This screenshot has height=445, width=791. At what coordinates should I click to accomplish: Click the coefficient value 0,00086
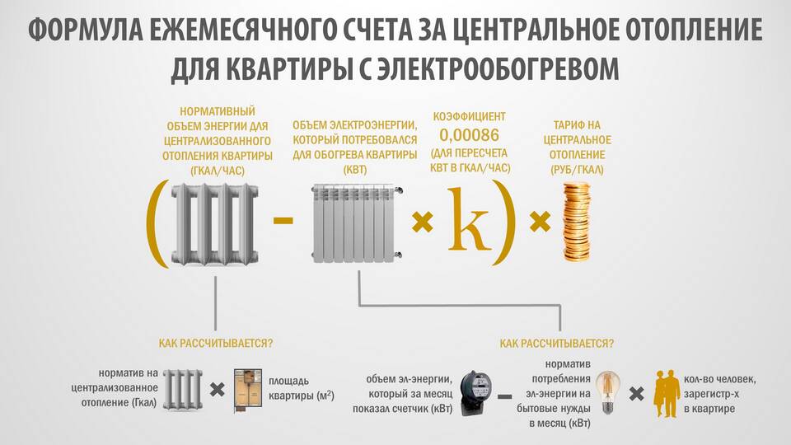[469, 135]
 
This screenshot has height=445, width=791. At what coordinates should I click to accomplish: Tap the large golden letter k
[469, 220]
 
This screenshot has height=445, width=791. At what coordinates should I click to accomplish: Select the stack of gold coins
[576, 222]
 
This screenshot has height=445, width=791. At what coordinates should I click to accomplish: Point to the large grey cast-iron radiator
[215, 224]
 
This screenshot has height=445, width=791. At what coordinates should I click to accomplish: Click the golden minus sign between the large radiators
[283, 219]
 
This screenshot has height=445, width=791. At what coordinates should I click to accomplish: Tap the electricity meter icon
[476, 392]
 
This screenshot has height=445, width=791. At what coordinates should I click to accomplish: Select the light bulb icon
[608, 392]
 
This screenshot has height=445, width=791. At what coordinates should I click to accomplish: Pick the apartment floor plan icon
[248, 391]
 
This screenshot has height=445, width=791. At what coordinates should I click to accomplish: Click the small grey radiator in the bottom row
[183, 390]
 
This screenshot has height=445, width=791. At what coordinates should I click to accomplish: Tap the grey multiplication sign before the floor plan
[218, 390]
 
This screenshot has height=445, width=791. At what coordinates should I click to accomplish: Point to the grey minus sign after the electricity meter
[504, 396]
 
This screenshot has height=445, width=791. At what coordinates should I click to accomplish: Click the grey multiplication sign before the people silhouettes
[637, 394]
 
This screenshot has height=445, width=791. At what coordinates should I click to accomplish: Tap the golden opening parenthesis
[156, 223]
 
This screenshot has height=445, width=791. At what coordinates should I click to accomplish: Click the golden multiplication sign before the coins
[540, 222]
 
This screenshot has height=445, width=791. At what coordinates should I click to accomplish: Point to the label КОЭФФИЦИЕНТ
[469, 116]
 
